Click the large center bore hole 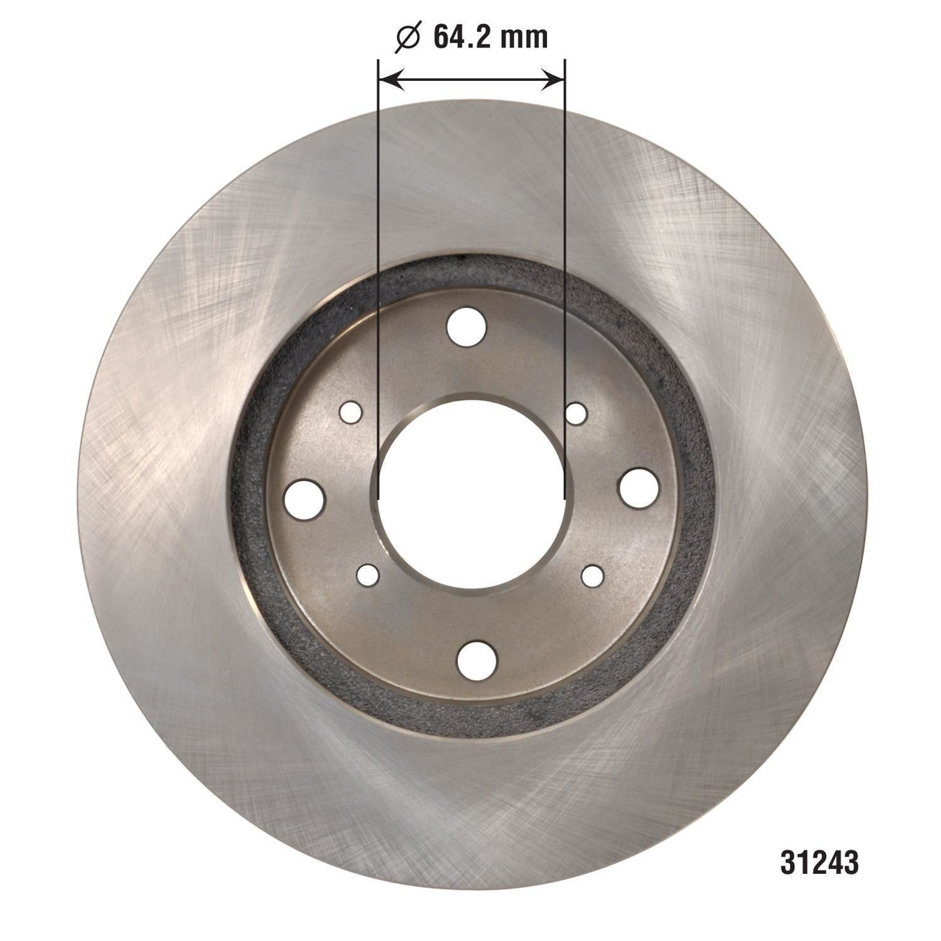[x=472, y=494]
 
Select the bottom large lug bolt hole [x=477, y=660]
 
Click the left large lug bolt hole [x=304, y=499]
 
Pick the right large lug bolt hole [x=639, y=488]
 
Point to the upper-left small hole [x=351, y=413]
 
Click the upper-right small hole [x=576, y=413]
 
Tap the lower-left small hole [x=368, y=575]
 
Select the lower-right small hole [x=592, y=575]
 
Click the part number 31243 [x=819, y=863]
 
